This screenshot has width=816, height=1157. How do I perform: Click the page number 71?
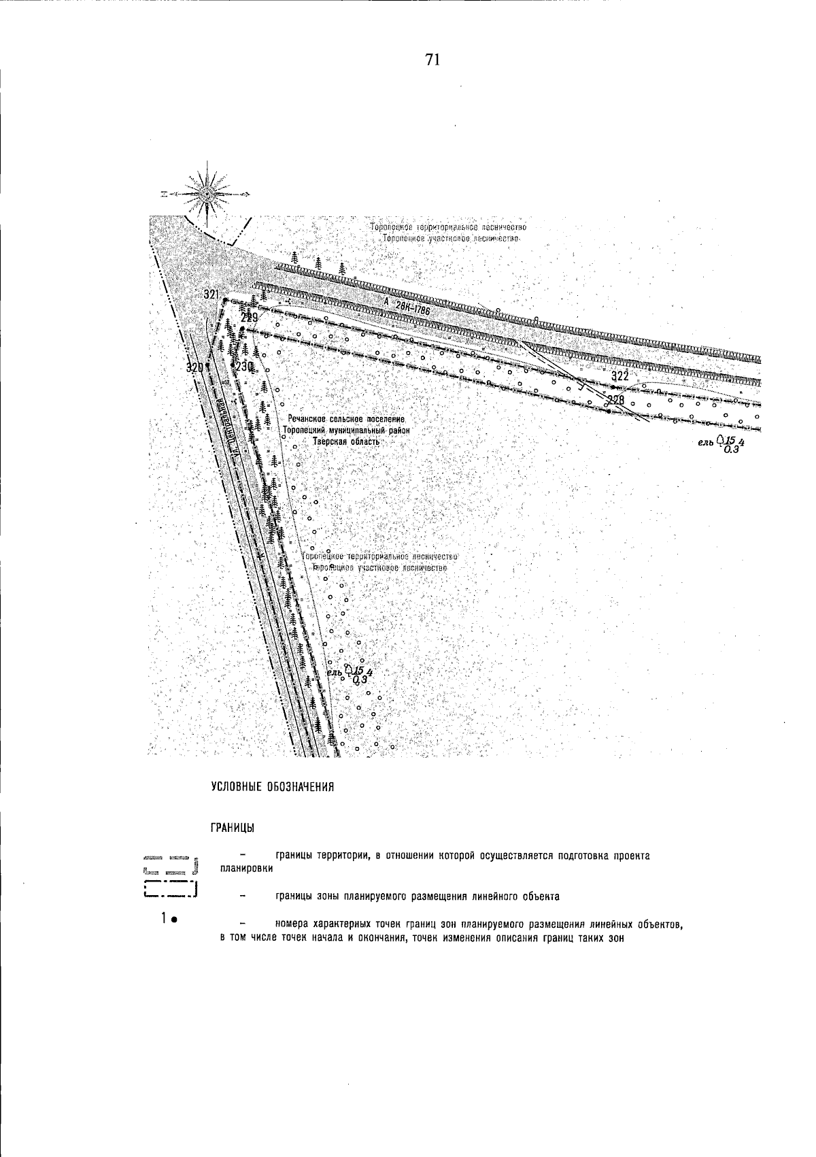tap(433, 61)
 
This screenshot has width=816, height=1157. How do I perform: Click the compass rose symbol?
tap(207, 194)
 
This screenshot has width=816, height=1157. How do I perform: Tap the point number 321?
tap(211, 295)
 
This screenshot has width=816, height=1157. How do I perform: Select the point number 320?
tap(194, 367)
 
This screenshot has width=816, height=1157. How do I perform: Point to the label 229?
tap(250, 318)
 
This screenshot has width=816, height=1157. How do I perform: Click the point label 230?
tap(245, 366)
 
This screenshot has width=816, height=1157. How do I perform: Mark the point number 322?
tap(619, 376)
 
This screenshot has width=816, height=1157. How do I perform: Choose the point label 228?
tap(615, 399)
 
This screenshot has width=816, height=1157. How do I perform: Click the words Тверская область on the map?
tap(345, 441)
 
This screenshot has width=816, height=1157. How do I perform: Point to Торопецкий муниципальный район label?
tap(346, 431)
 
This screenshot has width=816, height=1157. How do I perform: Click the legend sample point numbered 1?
tap(169, 920)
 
